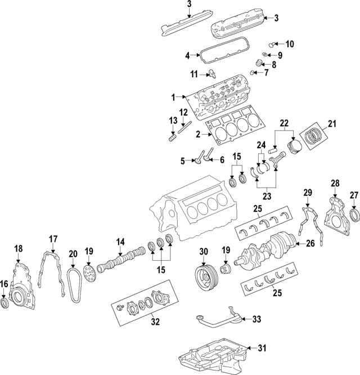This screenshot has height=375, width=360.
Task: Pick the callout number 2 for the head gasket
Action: point(197,135)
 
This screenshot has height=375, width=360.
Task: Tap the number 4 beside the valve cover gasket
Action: point(187,55)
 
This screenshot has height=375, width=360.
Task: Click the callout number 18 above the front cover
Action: point(19,248)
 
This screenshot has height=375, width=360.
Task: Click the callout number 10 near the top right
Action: point(290,43)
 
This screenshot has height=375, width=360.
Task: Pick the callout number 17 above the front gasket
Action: point(52,238)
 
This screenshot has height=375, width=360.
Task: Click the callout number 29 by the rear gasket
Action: point(308,193)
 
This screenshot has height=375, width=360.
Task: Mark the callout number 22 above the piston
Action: point(284,123)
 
